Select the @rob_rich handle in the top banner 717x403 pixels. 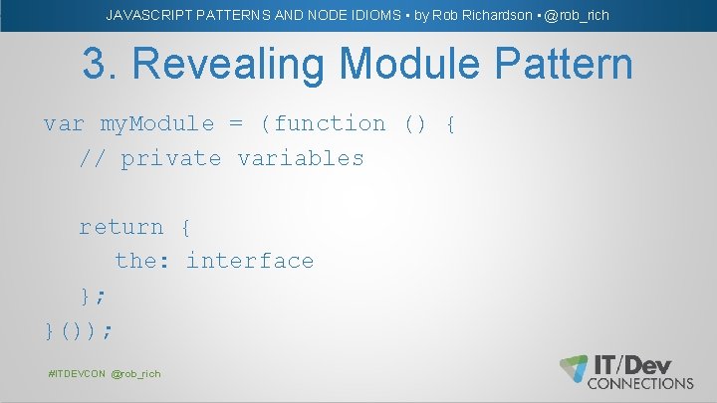coord(577,15)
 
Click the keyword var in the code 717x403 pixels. coord(64,124)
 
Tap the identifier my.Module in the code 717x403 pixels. coord(157,124)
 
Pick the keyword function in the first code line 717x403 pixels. coord(330,124)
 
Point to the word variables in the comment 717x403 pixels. coord(301,158)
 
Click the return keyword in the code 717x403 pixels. coord(121,227)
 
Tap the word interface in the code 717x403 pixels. coord(250,261)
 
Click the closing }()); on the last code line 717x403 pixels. coord(79,328)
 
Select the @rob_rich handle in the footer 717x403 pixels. coord(135,373)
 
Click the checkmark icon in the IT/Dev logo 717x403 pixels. coord(574,368)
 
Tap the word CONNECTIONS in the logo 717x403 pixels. coord(640,383)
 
